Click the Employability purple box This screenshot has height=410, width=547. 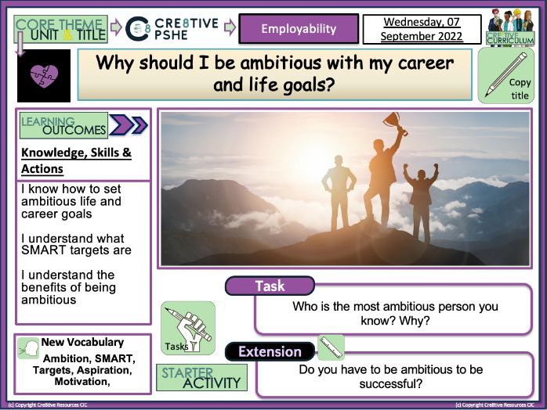(298, 29)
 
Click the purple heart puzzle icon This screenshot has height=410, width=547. (43, 76)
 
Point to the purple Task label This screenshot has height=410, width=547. (270, 286)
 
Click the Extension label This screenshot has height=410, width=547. (270, 351)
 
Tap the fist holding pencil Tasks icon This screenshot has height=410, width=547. (187, 324)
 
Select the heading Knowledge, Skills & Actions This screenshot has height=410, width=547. (76, 160)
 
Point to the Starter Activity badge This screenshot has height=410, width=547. (201, 377)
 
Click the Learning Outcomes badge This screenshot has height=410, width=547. (63, 125)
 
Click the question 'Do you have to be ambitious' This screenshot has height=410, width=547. (390, 369)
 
